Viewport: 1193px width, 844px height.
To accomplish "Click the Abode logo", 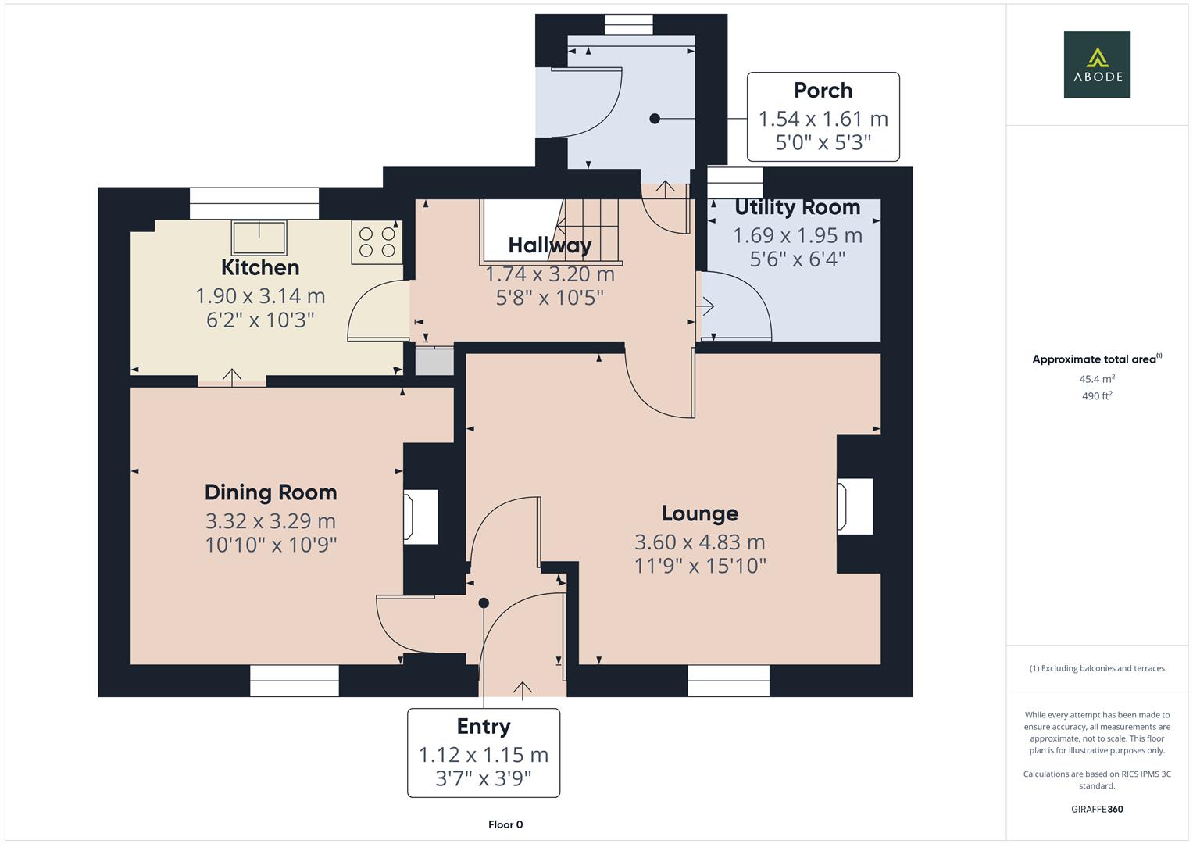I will coord(1097,65).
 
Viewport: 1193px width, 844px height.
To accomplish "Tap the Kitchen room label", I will coord(260,267).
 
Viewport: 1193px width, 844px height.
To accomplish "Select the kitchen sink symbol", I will coord(259,237).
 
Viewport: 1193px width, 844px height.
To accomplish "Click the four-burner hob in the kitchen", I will coord(377,241).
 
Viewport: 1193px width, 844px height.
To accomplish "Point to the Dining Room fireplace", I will coord(420,517).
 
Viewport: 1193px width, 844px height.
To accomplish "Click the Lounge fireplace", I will coord(854,506).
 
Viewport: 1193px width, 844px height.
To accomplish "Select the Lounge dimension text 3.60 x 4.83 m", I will coord(699,542).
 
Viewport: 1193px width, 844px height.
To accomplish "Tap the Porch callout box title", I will coord(823,91).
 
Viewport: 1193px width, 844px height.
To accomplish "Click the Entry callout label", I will coord(484,727).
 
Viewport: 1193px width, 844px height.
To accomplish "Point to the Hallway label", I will coord(549,245).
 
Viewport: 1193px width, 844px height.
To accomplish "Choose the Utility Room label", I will coord(797,207).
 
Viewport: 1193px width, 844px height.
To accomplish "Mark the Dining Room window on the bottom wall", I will coord(295,680).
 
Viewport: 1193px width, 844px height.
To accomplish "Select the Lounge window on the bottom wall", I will coord(728,680).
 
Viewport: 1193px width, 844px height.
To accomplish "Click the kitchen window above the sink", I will coord(254,203).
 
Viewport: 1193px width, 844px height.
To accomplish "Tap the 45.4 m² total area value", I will coord(1097,379).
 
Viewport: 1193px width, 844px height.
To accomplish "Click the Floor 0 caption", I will coord(505,824).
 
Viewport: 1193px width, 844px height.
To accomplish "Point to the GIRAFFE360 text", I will coord(1097,809).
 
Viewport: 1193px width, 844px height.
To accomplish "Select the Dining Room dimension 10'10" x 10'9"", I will coord(270,545).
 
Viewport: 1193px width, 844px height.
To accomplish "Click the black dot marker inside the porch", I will coord(655,119).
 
